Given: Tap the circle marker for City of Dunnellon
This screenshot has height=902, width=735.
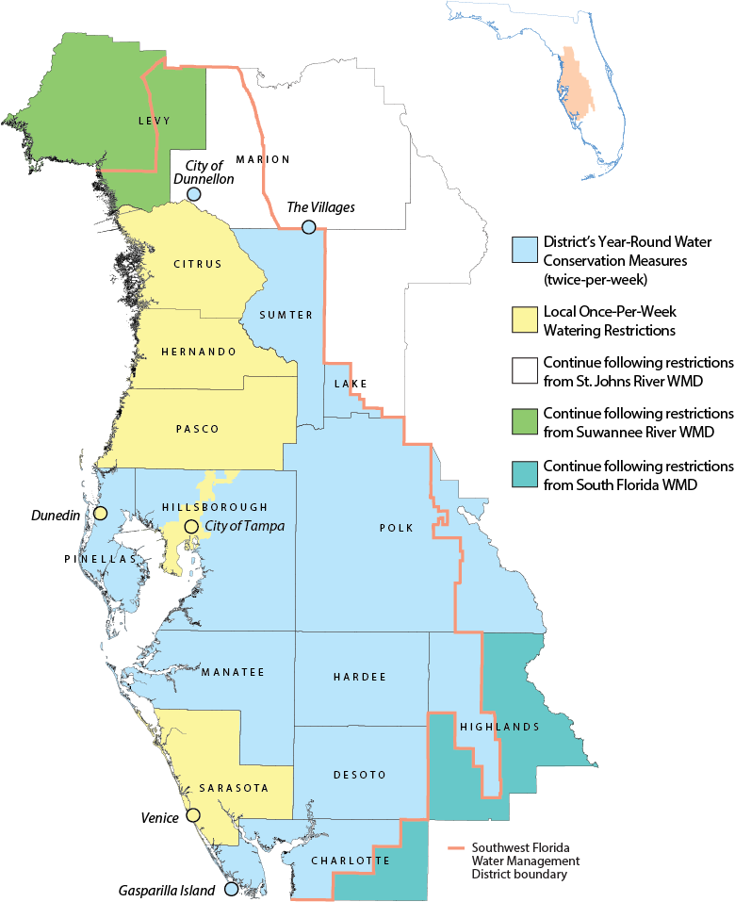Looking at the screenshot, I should [193, 194].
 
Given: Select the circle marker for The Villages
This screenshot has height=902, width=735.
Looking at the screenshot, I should [309, 227].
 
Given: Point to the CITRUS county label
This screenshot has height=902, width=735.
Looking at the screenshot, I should [198, 264].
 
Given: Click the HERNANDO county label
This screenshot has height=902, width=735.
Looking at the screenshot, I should [198, 351].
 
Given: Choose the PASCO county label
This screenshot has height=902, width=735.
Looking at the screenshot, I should [198, 429].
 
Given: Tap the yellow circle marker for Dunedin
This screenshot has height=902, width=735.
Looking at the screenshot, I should [100, 514].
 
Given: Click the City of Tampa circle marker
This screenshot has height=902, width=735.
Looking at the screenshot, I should [191, 526].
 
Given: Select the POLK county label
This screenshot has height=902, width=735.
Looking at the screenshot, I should [397, 528].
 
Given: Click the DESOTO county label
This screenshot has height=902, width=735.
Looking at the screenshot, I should [360, 775].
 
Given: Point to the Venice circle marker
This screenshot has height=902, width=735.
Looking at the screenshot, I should [193, 815].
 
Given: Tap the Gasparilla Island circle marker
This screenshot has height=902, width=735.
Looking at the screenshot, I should [232, 888].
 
